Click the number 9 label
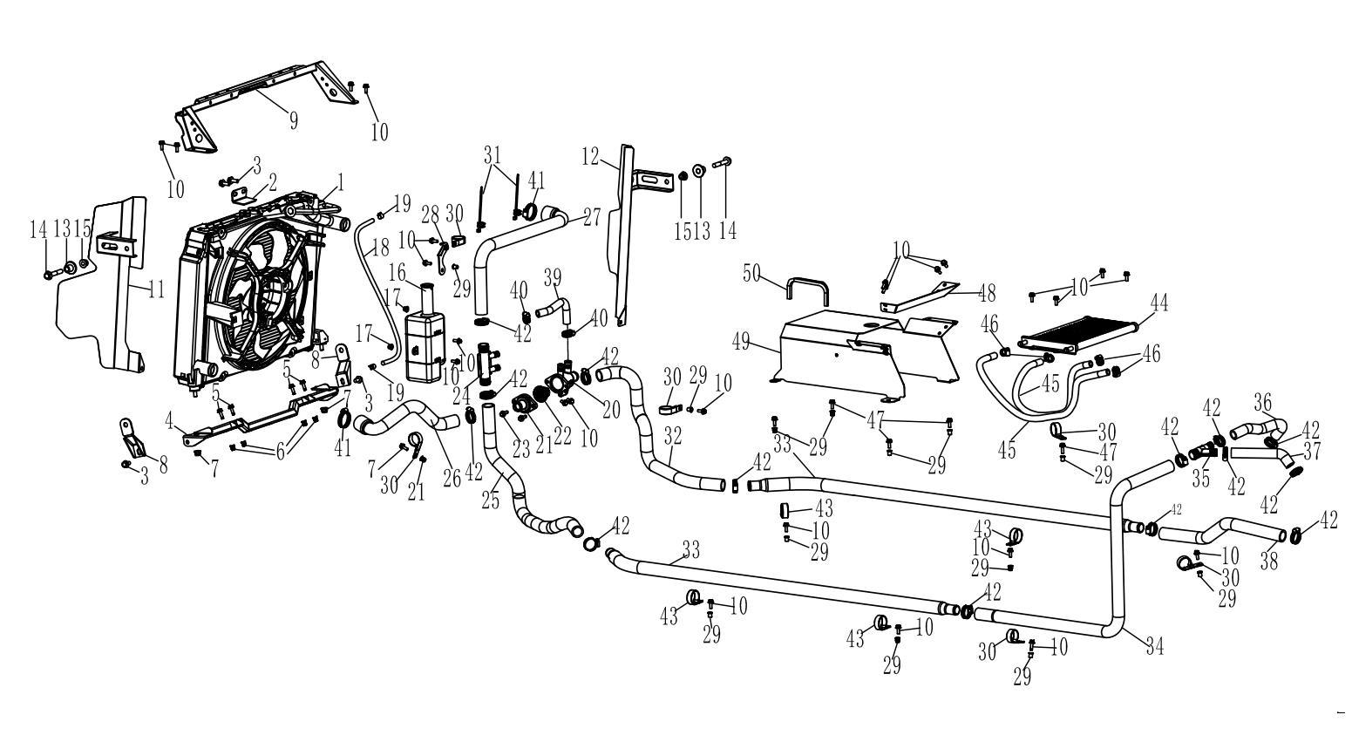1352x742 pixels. pyautogui.click(x=293, y=120)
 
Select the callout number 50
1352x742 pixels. pyautogui.click(x=751, y=273)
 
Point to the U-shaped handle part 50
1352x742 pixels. pyautogui.click(x=807, y=290)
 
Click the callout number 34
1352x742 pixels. pyautogui.click(x=1154, y=646)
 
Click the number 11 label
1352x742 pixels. pyautogui.click(x=155, y=289)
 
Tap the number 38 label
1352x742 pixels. pyautogui.click(x=1268, y=561)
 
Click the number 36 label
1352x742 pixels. pyautogui.click(x=1263, y=402)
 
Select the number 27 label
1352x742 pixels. pyautogui.click(x=592, y=216)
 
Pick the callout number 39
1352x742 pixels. pyautogui.click(x=552, y=277)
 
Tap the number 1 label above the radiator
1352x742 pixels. pyautogui.click(x=341, y=182)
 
